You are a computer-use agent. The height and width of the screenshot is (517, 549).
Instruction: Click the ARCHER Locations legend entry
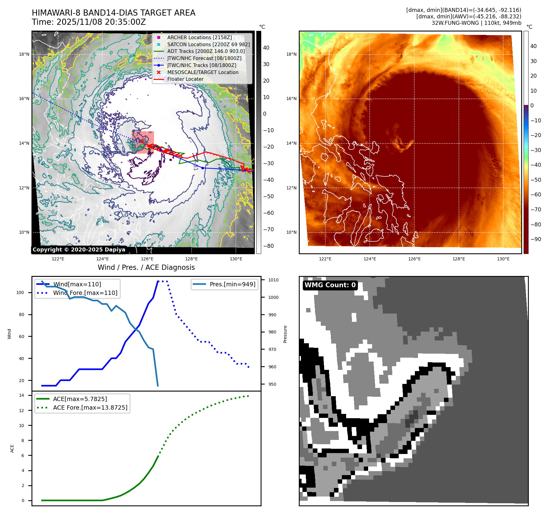tap(199, 37)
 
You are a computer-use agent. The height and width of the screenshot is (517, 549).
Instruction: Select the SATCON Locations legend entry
tap(208, 44)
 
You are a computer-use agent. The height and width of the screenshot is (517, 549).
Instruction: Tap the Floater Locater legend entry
tap(185, 79)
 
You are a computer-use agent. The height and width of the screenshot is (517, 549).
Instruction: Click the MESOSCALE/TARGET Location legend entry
tap(203, 72)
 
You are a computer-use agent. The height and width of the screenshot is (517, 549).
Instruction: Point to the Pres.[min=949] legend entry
tap(232, 284)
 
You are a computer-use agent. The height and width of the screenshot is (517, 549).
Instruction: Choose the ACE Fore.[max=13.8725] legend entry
tap(90, 407)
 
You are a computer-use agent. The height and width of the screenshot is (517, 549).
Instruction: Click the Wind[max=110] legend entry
tap(77, 284)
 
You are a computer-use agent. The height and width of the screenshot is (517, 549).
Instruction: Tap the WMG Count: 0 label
tap(330, 285)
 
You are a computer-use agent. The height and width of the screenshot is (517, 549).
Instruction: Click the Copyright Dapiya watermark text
tap(79, 250)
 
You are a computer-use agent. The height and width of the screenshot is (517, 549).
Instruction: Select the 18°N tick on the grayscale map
tap(24, 54)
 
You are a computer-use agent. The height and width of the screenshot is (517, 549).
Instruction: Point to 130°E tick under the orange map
tap(503, 259)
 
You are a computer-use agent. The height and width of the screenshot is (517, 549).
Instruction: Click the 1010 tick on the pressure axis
tap(273, 280)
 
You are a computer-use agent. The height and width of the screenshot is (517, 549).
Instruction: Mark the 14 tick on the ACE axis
tap(21, 395)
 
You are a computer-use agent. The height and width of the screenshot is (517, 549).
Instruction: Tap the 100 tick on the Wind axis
tap(20, 292)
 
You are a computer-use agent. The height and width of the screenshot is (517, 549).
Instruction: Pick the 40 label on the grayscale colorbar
tap(266, 48)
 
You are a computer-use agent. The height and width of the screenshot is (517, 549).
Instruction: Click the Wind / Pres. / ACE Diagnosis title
tap(146, 267)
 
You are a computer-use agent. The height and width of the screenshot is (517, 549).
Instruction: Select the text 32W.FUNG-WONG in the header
tap(455, 23)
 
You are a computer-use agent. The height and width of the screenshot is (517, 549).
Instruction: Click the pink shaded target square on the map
tap(143, 142)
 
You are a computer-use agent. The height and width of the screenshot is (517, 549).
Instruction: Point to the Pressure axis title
tap(285, 334)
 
